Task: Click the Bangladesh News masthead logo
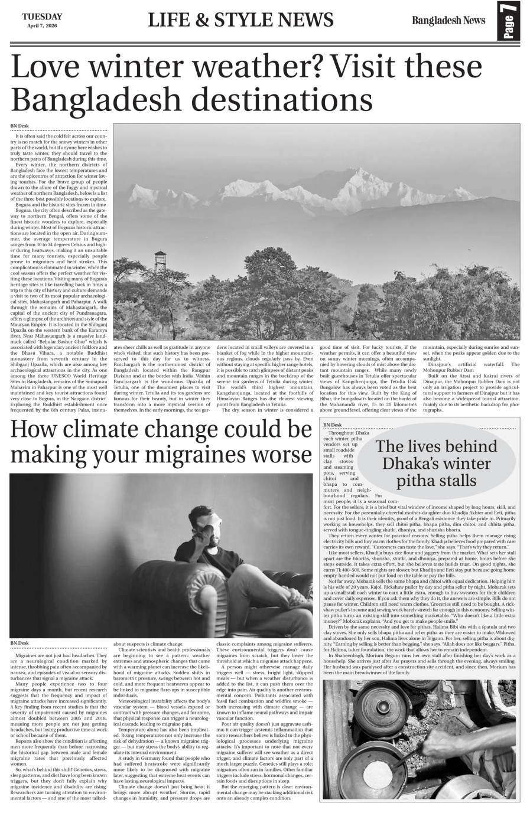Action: (448, 21)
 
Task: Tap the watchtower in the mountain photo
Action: (159, 259)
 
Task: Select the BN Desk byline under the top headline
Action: (19, 126)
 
